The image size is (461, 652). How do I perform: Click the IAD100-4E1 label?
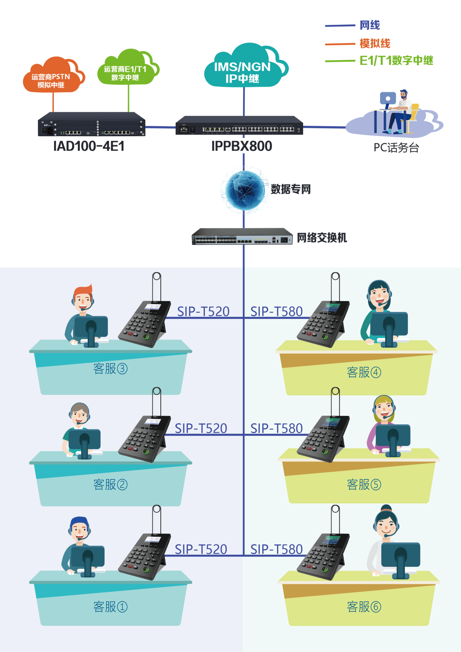[x=88, y=146]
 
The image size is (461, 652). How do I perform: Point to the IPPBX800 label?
[x=242, y=146]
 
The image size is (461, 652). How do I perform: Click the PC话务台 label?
[x=396, y=148]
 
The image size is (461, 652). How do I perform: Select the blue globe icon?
[x=244, y=189]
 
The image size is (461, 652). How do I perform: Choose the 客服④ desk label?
[x=364, y=372]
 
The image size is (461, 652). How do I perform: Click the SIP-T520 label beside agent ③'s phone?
[x=203, y=312]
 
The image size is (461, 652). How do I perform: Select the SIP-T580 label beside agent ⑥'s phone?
[x=276, y=550]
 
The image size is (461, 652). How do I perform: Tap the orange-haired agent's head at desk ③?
[x=83, y=298]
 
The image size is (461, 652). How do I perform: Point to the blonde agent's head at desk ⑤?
[x=384, y=407]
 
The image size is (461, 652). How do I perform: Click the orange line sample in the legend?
[x=340, y=44]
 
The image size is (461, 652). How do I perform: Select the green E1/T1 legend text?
[x=396, y=61]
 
